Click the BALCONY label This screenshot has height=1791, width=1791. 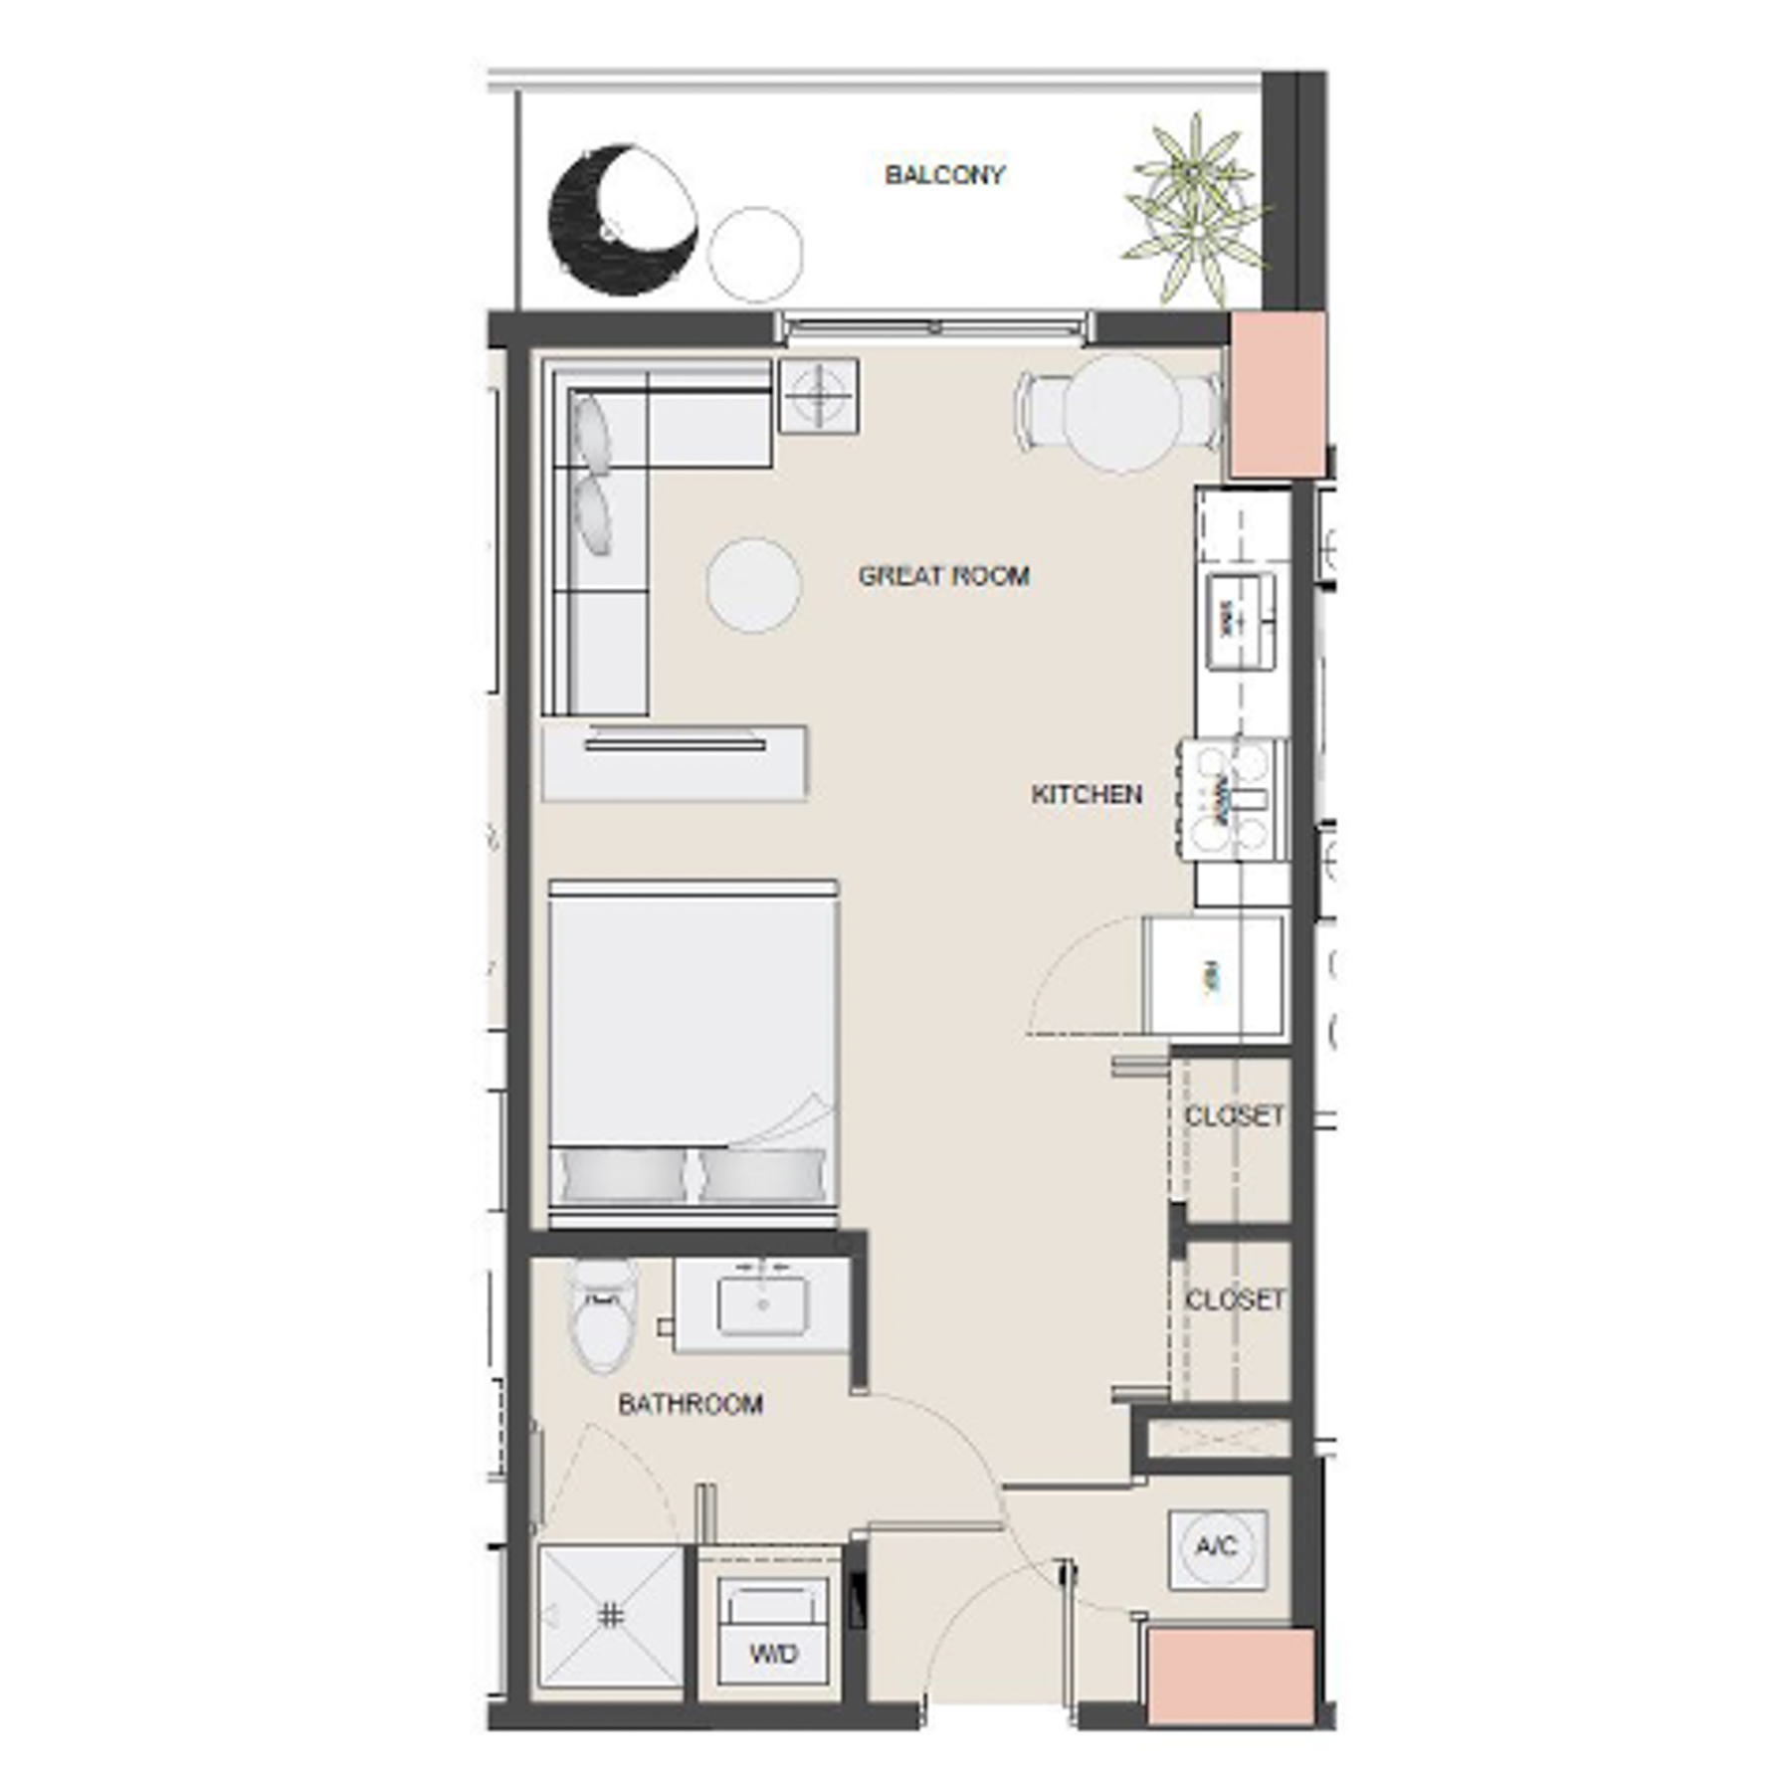(x=944, y=175)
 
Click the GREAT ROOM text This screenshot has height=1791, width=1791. (x=943, y=576)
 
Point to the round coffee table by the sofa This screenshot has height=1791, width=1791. (x=753, y=585)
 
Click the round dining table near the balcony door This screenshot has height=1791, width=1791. (x=1121, y=413)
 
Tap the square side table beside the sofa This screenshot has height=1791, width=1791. (x=818, y=395)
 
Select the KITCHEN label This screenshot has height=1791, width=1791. (x=1086, y=794)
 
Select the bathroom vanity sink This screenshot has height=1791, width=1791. (x=763, y=1304)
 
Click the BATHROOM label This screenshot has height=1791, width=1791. (x=690, y=1404)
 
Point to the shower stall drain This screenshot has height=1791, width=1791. (x=610, y=1616)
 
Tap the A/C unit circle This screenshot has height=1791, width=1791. (x=1216, y=1547)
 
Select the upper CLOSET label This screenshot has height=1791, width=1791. (x=1235, y=1115)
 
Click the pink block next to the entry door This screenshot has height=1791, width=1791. (x=1231, y=1678)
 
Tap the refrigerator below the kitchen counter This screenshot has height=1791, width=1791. (x=1214, y=977)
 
